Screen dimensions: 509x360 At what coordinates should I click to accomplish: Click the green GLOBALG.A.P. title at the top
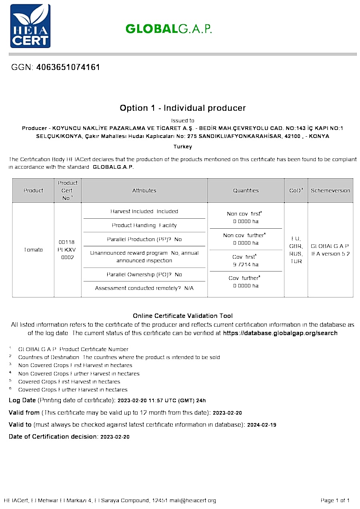tap(168, 29)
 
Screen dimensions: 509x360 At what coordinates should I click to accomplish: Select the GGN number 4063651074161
tap(68, 67)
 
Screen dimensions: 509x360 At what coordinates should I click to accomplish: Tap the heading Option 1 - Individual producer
tap(182, 108)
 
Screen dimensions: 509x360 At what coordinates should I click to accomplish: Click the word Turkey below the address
tap(182, 147)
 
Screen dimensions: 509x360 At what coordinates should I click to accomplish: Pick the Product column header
tap(33, 191)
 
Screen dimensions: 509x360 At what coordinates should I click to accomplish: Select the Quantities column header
tap(246, 191)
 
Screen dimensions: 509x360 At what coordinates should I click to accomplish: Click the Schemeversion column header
tap(330, 191)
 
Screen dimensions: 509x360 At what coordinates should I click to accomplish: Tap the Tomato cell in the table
tap(33, 250)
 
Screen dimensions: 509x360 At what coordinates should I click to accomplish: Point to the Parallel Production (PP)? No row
tap(144, 239)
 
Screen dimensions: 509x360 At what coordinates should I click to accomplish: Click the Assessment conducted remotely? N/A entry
tap(144, 288)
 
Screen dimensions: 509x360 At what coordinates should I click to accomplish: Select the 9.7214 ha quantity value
tap(246, 264)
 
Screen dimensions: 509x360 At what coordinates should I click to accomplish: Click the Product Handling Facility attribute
tap(144, 226)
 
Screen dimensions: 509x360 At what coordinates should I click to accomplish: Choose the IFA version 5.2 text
tap(330, 254)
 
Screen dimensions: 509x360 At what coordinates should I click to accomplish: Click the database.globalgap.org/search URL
tap(280, 333)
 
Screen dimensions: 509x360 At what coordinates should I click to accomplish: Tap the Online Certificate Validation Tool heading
tap(182, 316)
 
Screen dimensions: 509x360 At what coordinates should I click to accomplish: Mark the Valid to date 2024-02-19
tap(262, 425)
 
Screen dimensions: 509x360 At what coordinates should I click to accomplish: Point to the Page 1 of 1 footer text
tap(335, 500)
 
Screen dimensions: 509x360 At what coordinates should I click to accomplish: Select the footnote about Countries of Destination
tap(119, 357)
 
